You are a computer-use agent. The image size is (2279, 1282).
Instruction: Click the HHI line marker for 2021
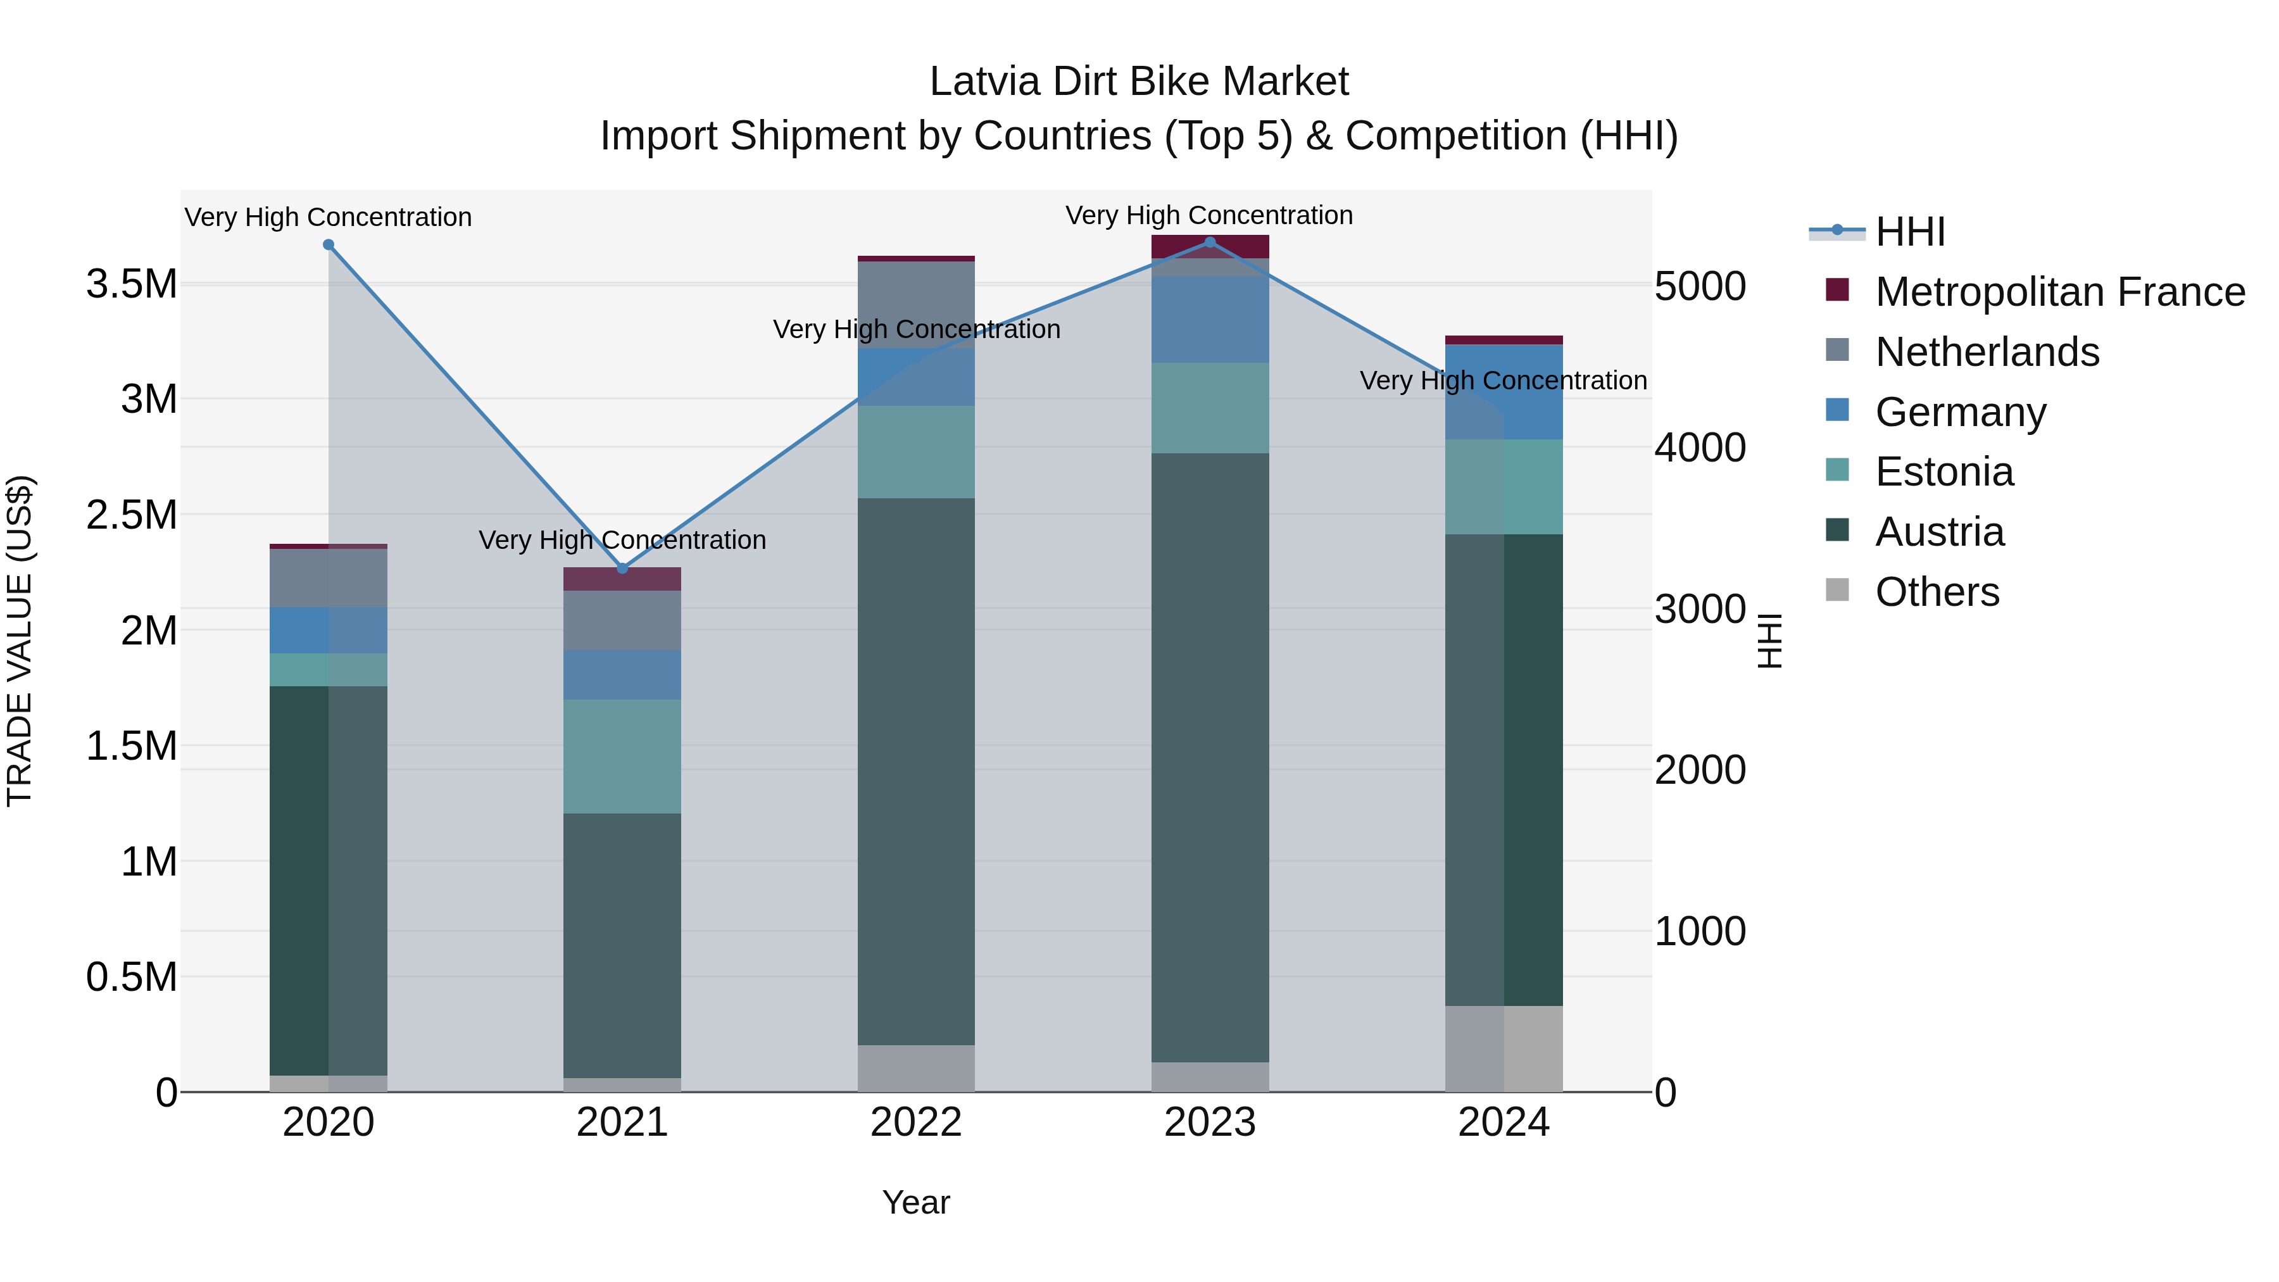click(622, 568)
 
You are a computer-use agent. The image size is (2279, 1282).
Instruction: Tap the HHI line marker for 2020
click(328, 244)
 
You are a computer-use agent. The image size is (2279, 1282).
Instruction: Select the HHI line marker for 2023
click(1209, 242)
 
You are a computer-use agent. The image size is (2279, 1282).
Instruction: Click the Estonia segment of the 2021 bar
click(622, 757)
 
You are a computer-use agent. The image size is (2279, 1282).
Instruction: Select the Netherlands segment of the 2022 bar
click(915, 305)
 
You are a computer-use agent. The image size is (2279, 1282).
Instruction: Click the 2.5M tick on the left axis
click(131, 515)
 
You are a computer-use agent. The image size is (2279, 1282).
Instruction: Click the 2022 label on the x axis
click(915, 1122)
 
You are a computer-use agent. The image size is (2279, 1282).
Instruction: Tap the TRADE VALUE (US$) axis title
click(20, 641)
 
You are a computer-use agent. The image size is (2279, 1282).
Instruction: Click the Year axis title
click(915, 1202)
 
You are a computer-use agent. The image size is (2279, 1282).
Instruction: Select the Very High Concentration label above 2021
click(622, 539)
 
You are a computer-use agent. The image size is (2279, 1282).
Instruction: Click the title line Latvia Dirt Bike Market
click(1139, 82)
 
